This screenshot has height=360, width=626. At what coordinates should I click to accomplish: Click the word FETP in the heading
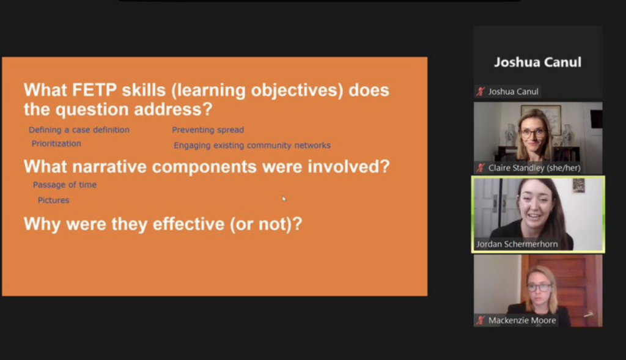(x=95, y=90)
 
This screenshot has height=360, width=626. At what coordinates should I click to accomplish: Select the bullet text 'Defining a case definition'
(x=79, y=130)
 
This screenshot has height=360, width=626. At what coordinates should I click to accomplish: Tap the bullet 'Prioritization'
(x=56, y=144)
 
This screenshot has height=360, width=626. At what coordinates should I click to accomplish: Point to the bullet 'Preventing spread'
(x=208, y=130)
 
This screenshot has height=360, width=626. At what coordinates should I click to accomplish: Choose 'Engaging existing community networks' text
(x=252, y=145)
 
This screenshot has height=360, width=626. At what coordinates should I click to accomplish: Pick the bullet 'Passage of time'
(x=65, y=185)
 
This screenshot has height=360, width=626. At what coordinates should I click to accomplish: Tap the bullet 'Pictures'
(x=54, y=200)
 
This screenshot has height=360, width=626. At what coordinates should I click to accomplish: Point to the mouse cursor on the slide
(x=284, y=199)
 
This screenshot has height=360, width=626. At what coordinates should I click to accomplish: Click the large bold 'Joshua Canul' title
(x=537, y=62)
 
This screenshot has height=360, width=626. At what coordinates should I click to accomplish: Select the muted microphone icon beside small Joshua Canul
(x=481, y=92)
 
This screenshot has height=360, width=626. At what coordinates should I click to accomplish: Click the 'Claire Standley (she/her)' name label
(x=534, y=168)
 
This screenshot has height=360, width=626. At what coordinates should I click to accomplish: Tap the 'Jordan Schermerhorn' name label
(x=517, y=244)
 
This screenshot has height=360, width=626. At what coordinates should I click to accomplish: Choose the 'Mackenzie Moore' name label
(x=522, y=320)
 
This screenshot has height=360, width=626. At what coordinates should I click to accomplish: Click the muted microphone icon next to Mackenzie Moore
(x=481, y=320)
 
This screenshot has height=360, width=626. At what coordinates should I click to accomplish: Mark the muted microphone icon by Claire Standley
(x=481, y=168)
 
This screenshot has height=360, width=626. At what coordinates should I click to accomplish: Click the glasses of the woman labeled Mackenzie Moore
(x=539, y=287)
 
